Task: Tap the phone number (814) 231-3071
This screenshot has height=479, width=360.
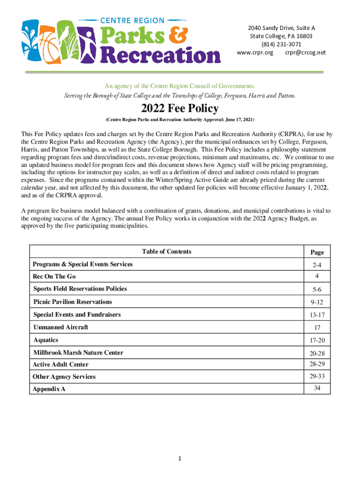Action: (x=281, y=44)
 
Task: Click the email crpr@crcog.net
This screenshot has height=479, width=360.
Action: (x=305, y=52)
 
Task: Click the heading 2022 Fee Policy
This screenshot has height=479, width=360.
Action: (x=180, y=109)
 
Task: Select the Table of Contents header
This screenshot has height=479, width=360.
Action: (x=166, y=252)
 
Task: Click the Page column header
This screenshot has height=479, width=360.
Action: (x=317, y=253)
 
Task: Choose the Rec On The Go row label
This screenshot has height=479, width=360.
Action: (x=54, y=277)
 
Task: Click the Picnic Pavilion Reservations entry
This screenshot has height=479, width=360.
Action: (x=72, y=302)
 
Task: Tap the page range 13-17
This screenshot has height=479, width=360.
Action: (x=317, y=315)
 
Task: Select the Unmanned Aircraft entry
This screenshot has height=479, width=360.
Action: (x=61, y=327)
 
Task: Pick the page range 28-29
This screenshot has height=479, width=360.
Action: (x=317, y=364)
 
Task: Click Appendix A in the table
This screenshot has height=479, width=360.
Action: (x=49, y=389)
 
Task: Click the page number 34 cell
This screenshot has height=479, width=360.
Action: (x=317, y=388)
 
